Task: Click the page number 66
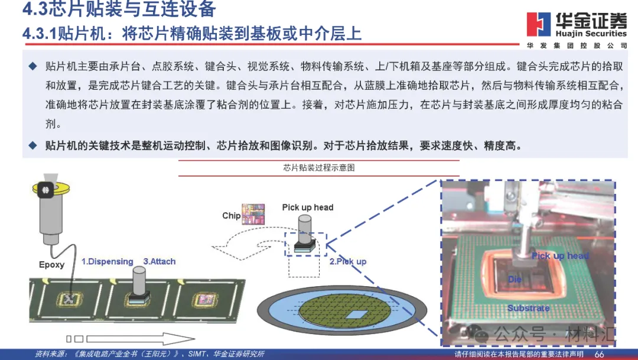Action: [599, 354]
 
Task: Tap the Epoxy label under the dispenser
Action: [51, 264]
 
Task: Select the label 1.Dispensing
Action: [107, 261]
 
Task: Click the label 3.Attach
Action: [159, 261]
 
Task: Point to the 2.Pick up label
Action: [348, 261]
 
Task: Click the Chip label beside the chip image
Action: [231, 216]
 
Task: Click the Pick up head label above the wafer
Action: [307, 207]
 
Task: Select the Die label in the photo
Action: [515, 279]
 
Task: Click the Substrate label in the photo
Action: [528, 308]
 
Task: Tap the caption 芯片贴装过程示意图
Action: [318, 168]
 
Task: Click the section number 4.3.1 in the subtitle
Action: [39, 33]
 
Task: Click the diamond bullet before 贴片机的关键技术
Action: [33, 145]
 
